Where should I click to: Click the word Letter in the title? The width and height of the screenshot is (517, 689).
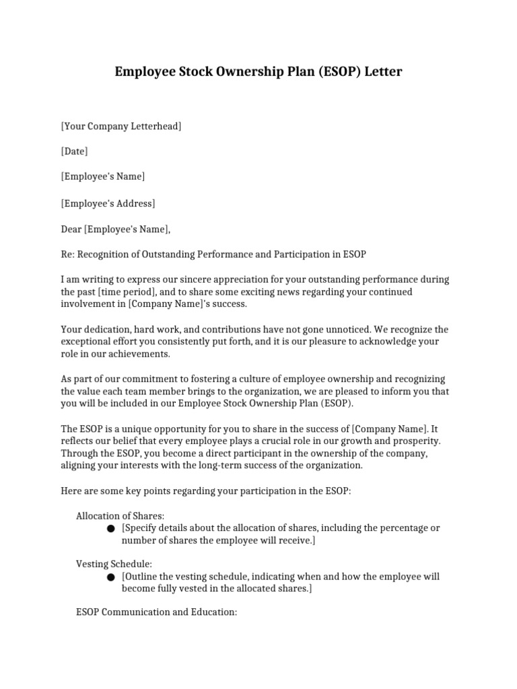pos(383,71)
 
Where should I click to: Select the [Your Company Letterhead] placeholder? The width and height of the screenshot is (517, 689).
pos(121,126)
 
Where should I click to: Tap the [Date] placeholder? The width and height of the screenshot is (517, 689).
pos(74,151)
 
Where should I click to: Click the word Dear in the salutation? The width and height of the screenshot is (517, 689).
pos(71,229)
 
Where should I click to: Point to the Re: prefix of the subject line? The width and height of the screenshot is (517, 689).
pos(68,254)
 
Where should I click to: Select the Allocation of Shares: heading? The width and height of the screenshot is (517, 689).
pos(120,515)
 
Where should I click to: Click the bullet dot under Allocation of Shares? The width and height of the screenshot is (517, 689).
pos(111,529)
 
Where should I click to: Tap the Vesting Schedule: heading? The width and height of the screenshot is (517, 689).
pos(114,564)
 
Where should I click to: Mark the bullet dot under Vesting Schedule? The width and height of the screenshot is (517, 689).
pos(111,577)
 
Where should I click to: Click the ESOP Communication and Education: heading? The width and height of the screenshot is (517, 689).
pos(156,613)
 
